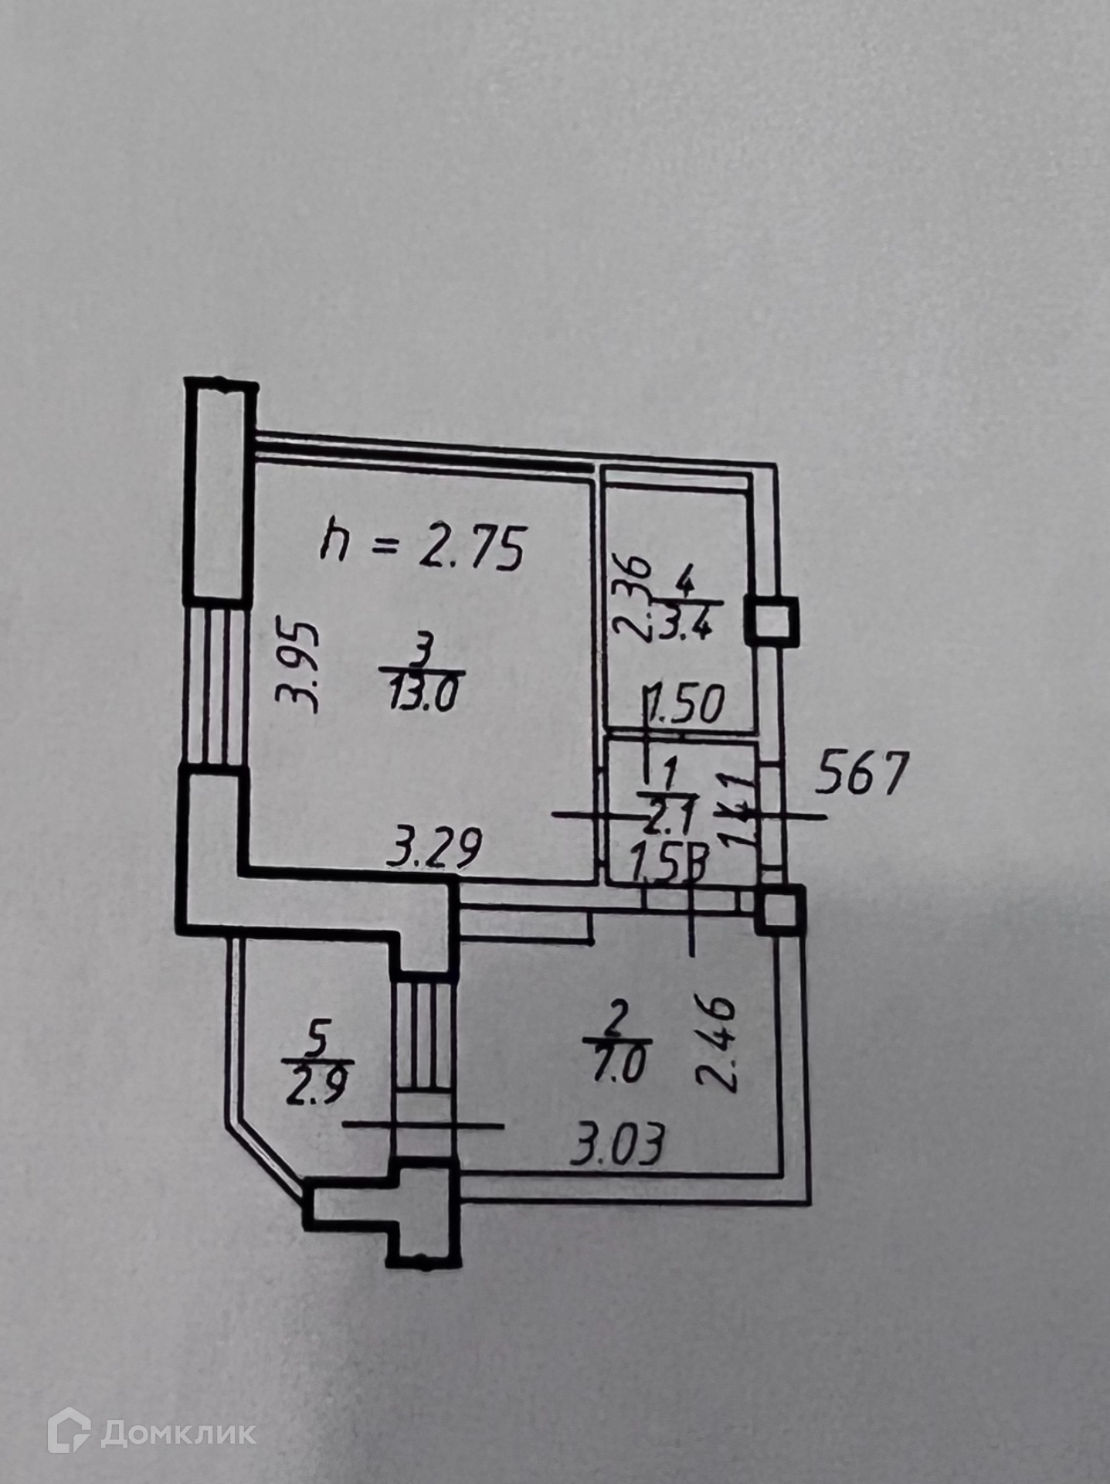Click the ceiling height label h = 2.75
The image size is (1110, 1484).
click(x=423, y=546)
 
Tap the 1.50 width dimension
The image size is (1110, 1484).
click(x=687, y=705)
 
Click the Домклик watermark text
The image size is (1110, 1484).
click(x=178, y=1434)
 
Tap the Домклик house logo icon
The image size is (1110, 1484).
click(x=69, y=1430)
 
